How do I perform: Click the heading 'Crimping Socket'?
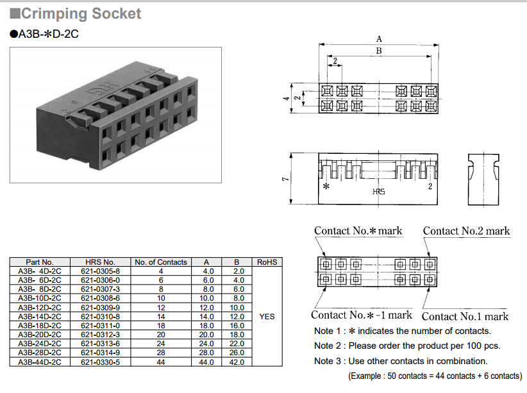pos(81,13)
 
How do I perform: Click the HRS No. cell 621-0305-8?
pos(103,271)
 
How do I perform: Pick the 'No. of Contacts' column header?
pos(161,262)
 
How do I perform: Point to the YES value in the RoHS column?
pos(267,316)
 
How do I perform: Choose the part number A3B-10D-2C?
pos(40,298)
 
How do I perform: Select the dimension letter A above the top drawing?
pos(378,39)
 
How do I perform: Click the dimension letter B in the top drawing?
pos(378,51)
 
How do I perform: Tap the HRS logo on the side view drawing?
pos(379,192)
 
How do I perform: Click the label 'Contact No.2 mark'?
pos(466,231)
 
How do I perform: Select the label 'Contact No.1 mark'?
pos(465,316)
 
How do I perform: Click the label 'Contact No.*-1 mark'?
pos(362,315)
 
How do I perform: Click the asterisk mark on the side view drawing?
pos(326,187)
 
